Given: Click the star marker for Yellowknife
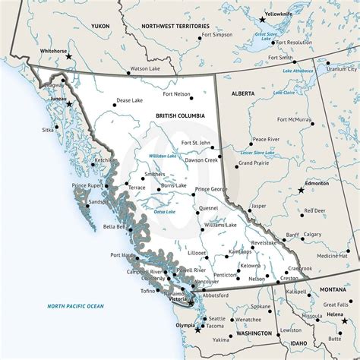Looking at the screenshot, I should pyautogui.click(x=263, y=18).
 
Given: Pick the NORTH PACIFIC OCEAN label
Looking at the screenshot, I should pyautogui.click(x=74, y=306).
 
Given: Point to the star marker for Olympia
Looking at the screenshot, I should pyautogui.click(x=199, y=330).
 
